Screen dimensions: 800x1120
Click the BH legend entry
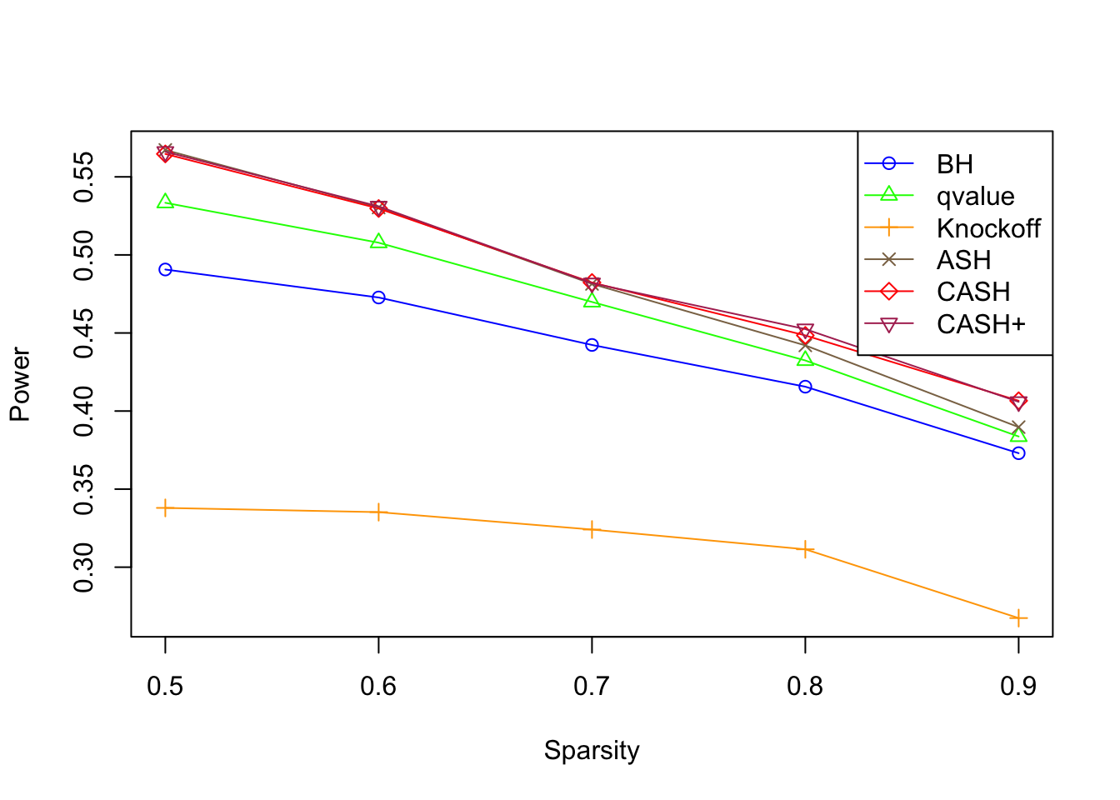[954, 164]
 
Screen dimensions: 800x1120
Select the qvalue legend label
[975, 197]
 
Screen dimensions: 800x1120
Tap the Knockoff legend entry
[988, 228]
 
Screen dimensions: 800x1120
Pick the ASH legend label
[963, 260]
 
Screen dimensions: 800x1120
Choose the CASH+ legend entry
[981, 324]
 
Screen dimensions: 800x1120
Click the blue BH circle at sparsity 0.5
[165, 270]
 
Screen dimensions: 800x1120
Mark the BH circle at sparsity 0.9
[1018, 453]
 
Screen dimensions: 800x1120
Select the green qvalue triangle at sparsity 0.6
[378, 242]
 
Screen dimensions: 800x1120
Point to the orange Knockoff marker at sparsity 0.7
[592, 530]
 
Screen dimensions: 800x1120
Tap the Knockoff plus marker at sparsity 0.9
[1018, 618]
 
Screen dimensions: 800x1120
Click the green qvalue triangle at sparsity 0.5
[165, 202]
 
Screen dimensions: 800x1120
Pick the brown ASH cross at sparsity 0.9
[1018, 427]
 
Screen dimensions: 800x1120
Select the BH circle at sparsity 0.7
[592, 345]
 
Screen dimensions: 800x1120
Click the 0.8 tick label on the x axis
[805, 687]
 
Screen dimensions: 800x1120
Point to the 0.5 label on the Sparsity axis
[165, 687]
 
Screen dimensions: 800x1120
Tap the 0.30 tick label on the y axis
[84, 567]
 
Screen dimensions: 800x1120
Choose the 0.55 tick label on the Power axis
[84, 177]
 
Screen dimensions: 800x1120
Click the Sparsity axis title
[592, 751]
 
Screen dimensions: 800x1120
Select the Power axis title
[20, 384]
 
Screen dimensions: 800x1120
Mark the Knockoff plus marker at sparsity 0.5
[165, 508]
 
